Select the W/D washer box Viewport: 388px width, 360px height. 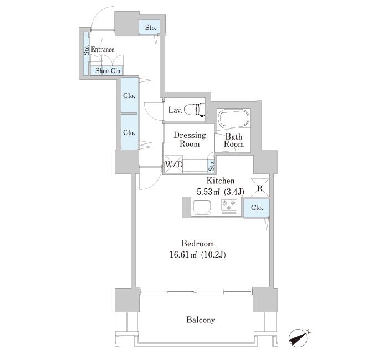[173, 164]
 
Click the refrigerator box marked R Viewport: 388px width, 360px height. [260, 188]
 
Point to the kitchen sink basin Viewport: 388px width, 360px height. [202, 208]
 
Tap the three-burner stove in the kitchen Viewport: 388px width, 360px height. [229, 206]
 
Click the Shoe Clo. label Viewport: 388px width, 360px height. [109, 71]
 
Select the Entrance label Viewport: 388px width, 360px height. [103, 49]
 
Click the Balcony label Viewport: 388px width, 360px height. [201, 320]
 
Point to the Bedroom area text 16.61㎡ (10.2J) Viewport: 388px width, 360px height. [198, 255]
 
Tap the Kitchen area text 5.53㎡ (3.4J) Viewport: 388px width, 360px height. [221, 192]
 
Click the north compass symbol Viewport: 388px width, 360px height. [299, 337]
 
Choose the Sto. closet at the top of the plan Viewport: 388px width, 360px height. [149, 27]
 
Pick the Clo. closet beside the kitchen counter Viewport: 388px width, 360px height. [257, 208]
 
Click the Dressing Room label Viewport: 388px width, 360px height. [190, 140]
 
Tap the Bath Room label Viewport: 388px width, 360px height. [234, 140]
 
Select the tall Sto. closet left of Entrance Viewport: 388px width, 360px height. [86, 54]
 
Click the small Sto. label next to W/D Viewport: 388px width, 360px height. [212, 166]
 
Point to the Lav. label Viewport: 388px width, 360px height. [175, 110]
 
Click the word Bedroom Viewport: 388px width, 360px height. [198, 244]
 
